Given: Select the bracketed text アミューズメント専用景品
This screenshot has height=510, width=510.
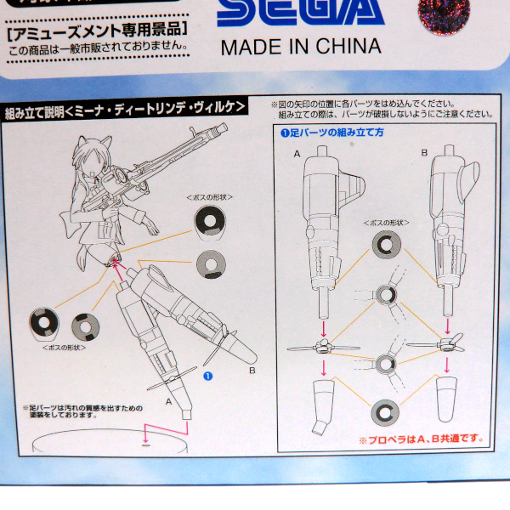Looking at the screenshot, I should (x=96, y=37).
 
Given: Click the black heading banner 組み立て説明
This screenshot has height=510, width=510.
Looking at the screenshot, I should (x=126, y=108).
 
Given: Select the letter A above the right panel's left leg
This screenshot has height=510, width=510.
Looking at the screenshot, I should (x=297, y=153).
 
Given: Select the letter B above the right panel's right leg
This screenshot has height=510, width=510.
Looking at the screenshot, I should (x=424, y=153).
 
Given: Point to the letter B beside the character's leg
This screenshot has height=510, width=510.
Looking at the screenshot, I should (x=252, y=371).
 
